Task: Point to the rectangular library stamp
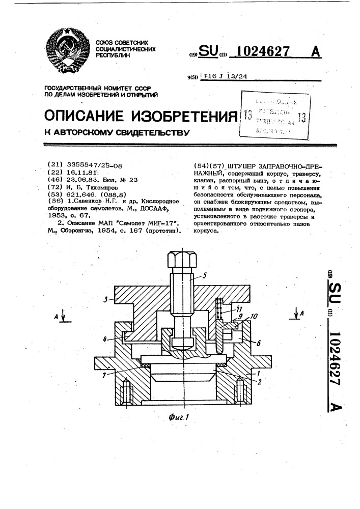[x=275, y=115]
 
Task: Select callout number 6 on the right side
[x=259, y=344]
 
